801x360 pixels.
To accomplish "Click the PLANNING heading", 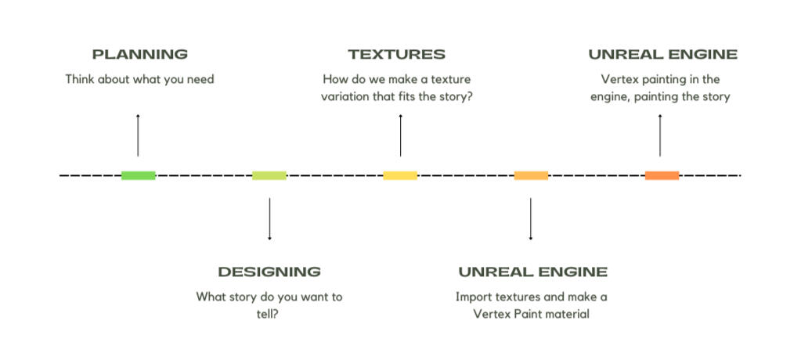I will (139, 55).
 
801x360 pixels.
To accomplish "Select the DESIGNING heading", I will (269, 272).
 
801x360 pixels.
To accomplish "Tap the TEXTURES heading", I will (397, 55).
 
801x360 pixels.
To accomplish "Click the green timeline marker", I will (139, 175).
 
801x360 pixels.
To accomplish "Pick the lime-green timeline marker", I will (269, 175).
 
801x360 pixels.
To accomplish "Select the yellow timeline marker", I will (400, 175).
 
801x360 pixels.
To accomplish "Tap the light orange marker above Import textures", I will (531, 175).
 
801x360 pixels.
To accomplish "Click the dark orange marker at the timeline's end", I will (662, 175).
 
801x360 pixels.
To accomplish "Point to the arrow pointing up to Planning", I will (138, 135).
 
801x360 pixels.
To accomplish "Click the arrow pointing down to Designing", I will (269, 219).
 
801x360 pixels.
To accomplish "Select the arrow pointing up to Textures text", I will (400, 135).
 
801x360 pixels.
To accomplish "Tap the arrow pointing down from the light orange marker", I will (531, 219).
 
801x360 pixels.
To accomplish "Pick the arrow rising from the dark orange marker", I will (660, 135).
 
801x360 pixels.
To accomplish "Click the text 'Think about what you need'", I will (139, 79).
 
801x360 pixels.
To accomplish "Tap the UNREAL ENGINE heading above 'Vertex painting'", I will (662, 55).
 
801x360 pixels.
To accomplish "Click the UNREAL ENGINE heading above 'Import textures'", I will (532, 272).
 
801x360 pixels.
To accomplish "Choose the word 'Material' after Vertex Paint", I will (569, 315).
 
